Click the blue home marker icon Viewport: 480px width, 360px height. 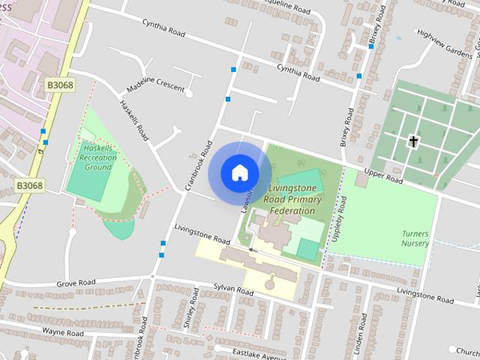(x=239, y=172)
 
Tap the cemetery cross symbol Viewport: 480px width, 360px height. (x=412, y=140)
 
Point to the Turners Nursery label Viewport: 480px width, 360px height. (x=415, y=238)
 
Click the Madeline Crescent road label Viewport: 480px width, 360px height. (x=155, y=88)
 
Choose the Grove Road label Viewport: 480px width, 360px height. (x=76, y=284)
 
